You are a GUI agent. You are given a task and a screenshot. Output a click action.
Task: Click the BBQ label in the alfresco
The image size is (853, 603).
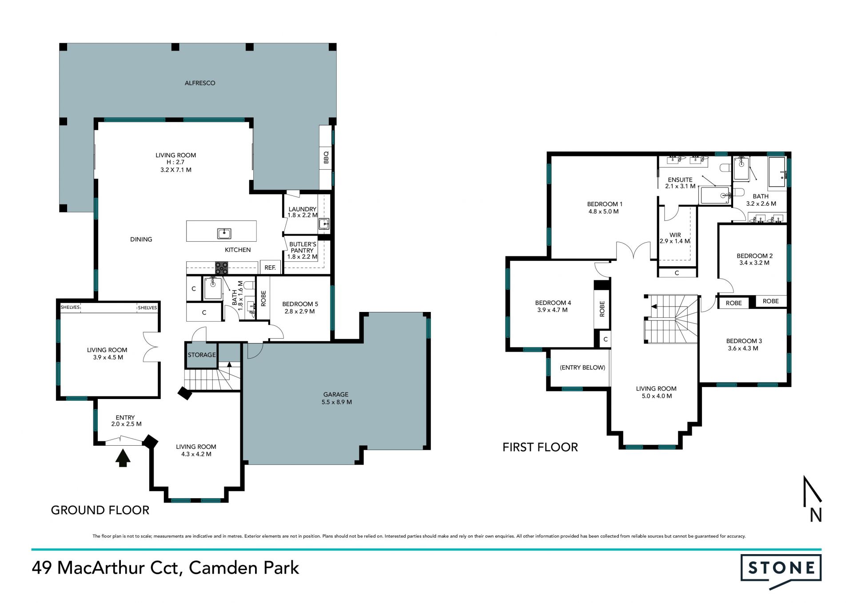click(326, 157)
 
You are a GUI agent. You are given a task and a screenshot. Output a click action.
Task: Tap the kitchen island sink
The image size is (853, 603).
click(224, 233)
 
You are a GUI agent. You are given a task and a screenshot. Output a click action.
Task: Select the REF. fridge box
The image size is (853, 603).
click(270, 267)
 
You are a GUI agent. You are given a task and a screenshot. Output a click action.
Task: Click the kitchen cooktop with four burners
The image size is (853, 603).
click(222, 268)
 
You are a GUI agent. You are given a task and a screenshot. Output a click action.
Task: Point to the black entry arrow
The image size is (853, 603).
click(123, 458)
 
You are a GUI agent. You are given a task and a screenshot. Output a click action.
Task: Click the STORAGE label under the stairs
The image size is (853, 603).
click(202, 355)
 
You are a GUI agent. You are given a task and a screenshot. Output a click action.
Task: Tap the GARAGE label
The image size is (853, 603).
click(336, 394)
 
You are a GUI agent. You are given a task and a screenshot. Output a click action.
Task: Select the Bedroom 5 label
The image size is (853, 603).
click(300, 304)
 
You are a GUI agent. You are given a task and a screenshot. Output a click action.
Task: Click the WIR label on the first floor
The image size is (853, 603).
click(675, 235)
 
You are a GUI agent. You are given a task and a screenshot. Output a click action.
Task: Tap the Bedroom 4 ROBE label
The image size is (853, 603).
click(602, 308)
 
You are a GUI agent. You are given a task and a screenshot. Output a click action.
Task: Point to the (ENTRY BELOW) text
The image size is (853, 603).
click(582, 367)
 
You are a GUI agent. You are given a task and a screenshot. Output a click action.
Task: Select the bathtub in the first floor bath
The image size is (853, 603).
click(777, 172)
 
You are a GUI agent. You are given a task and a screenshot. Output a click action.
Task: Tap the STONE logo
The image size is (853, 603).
click(781, 571)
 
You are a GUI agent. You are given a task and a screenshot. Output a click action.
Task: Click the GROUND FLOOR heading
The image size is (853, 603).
click(100, 510)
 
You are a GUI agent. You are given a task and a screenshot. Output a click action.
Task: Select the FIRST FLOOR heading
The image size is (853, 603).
click(540, 447)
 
